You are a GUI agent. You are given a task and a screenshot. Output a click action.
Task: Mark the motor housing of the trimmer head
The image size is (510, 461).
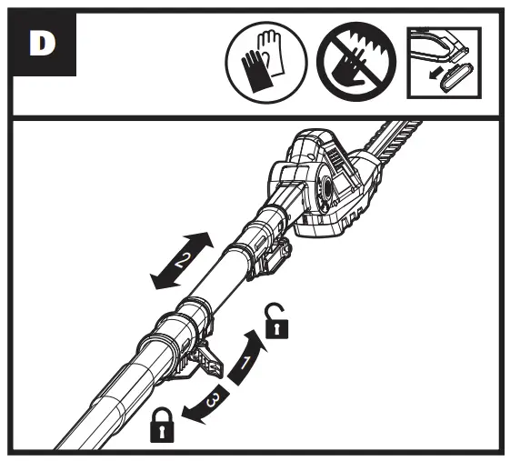point(327,177)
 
